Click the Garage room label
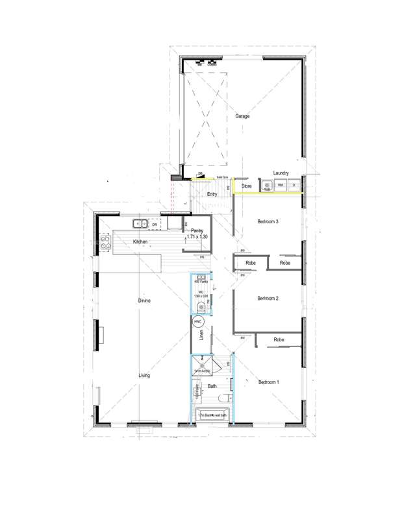coord(242,117)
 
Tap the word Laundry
coord(281,173)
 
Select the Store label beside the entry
coord(246,186)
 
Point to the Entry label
coord(212,194)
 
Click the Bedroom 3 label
coord(268,222)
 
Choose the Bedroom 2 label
coord(268,299)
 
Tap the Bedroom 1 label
coord(268,382)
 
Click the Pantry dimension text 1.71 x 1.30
coord(197,237)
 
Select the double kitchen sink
coord(141,225)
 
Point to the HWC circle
coord(199,322)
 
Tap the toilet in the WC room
coord(203,306)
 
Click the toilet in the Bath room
coord(223,398)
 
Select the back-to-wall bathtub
coord(211,415)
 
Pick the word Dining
coord(144,301)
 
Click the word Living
coord(144,376)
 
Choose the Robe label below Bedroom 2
coord(279,340)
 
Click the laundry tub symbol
coord(266,186)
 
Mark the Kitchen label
coord(141,242)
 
